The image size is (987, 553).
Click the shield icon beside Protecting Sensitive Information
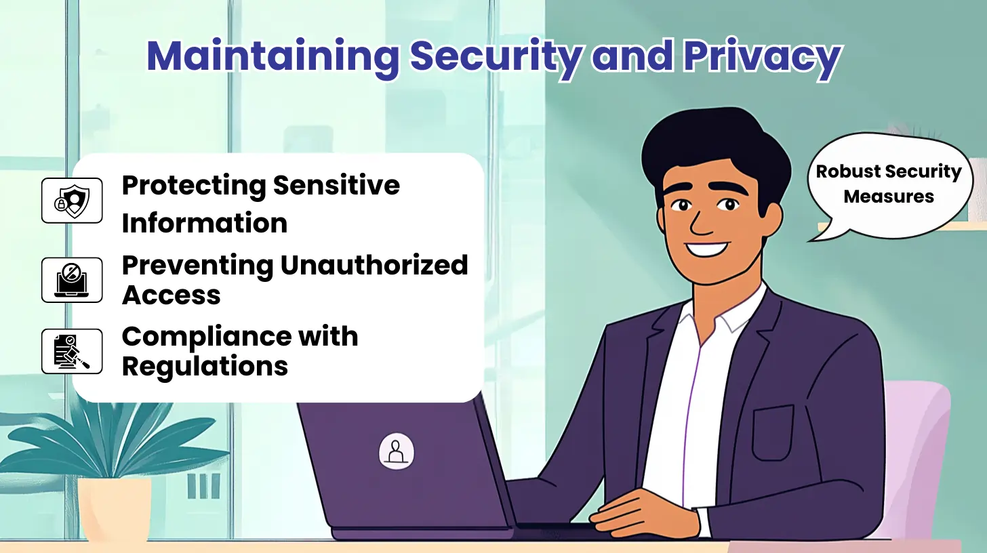pyautogui.click(x=72, y=201)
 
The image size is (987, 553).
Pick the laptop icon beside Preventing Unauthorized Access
pyautogui.click(x=72, y=279)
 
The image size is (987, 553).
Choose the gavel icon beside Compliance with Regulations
pyautogui.click(x=72, y=351)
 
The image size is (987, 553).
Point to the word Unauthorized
pyautogui.click(x=374, y=265)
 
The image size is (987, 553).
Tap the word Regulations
pyautogui.click(x=205, y=366)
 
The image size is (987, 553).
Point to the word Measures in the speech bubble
pyautogui.click(x=889, y=197)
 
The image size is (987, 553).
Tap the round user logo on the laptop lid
pyautogui.click(x=397, y=450)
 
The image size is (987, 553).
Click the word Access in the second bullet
pyautogui.click(x=171, y=295)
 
